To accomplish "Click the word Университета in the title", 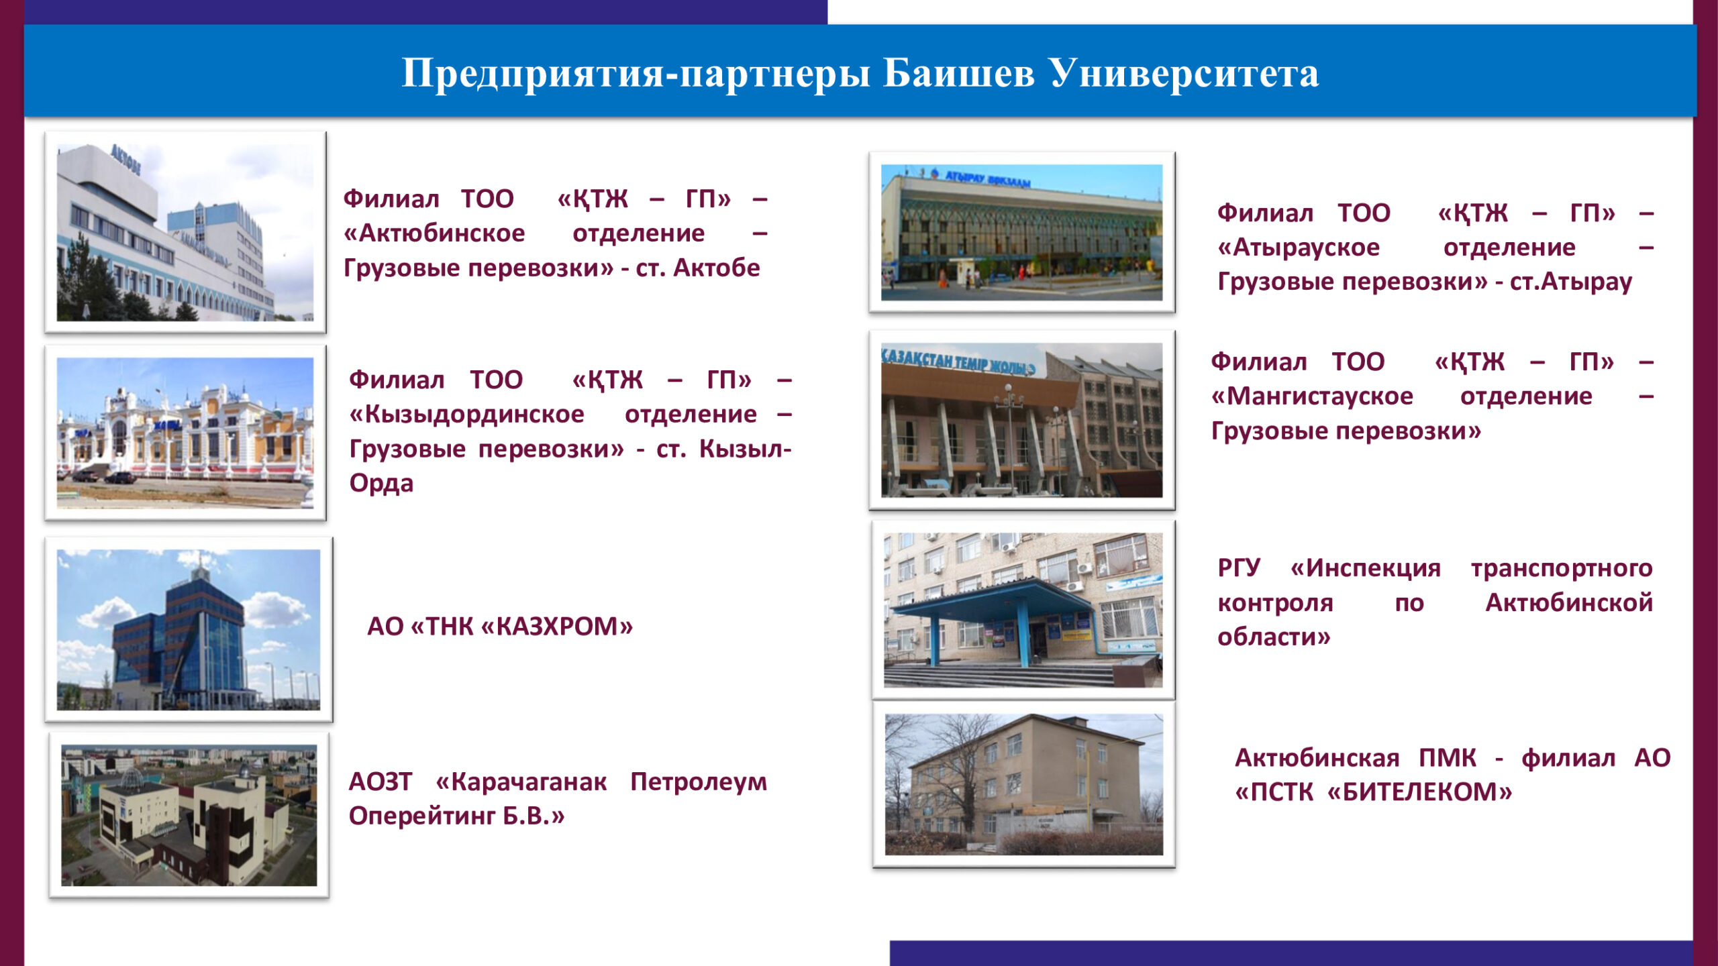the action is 1184,73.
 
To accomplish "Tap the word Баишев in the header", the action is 959,73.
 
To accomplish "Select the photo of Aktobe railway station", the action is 185,232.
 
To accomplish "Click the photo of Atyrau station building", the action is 1021,232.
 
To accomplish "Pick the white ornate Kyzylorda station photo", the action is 185,433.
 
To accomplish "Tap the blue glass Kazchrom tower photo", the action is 189,629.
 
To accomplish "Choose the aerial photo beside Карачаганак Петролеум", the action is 189,815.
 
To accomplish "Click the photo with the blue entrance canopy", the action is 1023,610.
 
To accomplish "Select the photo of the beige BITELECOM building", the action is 1023,784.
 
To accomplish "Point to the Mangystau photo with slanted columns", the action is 1021,420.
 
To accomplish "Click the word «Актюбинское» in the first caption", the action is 434,233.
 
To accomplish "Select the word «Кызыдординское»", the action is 466,415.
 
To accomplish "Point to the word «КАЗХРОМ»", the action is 557,627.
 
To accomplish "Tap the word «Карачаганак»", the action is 521,782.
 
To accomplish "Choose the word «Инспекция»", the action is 1366,569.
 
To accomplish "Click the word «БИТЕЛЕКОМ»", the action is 1420,792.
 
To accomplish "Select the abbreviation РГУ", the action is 1239,568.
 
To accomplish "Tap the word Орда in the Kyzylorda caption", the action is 381,484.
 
